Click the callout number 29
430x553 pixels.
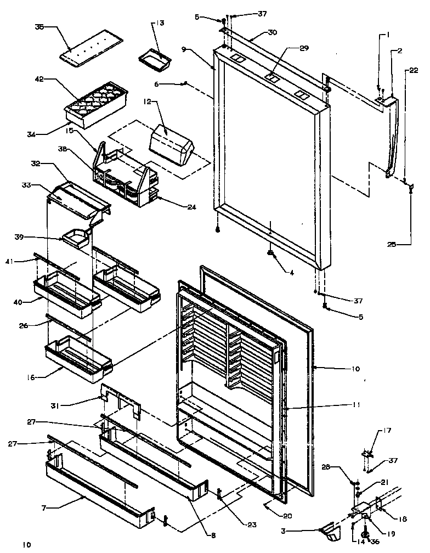click(x=304, y=48)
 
